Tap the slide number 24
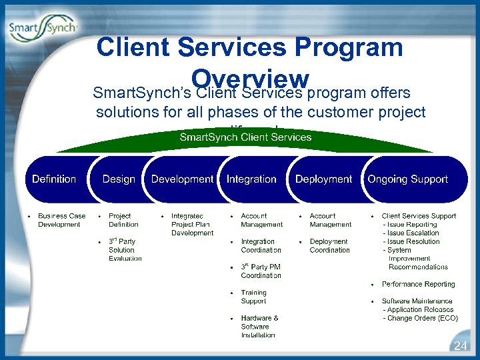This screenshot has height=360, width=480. (x=460, y=346)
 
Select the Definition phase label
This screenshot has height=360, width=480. (x=54, y=179)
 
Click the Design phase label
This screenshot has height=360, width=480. (x=119, y=179)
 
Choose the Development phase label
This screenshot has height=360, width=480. (x=182, y=179)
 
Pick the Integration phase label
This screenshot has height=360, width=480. (x=251, y=179)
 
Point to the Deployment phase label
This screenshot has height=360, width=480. (x=323, y=179)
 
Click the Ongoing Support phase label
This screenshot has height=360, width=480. (x=407, y=179)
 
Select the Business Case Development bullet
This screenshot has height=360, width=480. (x=61, y=220)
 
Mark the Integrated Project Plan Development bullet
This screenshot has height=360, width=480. (x=192, y=224)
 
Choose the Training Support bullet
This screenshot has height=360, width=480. (x=253, y=297)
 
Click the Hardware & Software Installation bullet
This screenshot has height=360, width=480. (x=259, y=327)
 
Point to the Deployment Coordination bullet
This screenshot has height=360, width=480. (x=329, y=245)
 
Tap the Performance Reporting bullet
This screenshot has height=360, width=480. (x=418, y=284)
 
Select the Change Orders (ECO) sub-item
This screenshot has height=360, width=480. (x=420, y=319)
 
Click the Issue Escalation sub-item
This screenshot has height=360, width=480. (x=411, y=233)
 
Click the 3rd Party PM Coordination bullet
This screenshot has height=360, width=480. (x=261, y=271)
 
